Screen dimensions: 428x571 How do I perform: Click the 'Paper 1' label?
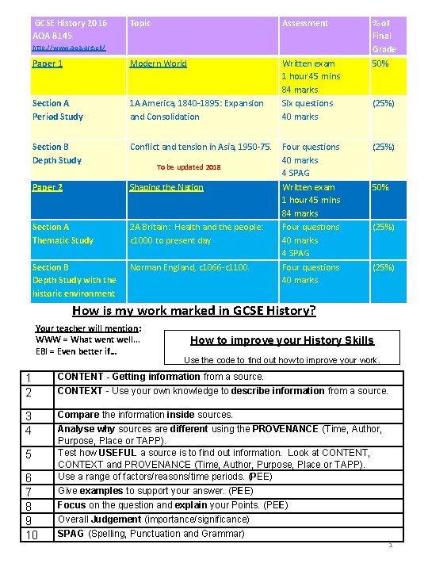(x=48, y=63)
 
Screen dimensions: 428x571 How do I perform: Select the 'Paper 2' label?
(x=48, y=188)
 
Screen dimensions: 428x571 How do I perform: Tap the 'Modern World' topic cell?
(x=159, y=63)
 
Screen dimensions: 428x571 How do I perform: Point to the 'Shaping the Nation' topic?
(x=166, y=188)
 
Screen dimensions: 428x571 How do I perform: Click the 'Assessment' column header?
(x=305, y=24)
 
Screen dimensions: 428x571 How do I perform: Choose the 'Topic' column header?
(x=140, y=24)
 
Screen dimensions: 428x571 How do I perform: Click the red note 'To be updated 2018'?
(x=189, y=167)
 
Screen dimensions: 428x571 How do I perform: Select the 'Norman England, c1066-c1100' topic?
(x=189, y=268)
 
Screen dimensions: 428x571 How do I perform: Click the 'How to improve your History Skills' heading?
(x=282, y=340)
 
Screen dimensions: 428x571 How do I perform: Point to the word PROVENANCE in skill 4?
(x=287, y=429)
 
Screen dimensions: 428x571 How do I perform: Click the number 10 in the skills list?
(x=32, y=535)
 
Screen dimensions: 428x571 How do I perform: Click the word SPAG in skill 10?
(x=71, y=534)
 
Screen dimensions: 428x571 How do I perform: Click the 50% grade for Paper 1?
(x=380, y=63)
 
